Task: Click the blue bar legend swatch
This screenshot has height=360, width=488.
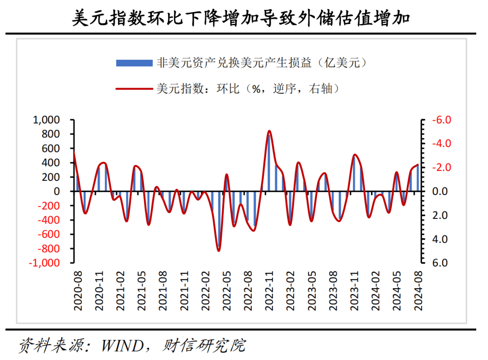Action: coord(134,63)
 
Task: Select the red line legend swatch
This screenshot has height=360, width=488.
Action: coord(134,89)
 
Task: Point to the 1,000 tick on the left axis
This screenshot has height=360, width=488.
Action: coord(47,120)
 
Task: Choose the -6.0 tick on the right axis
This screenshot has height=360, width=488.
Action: coord(441,120)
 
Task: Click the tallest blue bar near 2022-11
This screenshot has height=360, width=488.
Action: coord(269,163)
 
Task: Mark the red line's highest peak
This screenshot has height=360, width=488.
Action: coord(269,131)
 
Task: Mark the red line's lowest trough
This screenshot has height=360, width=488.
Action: coord(219,251)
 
